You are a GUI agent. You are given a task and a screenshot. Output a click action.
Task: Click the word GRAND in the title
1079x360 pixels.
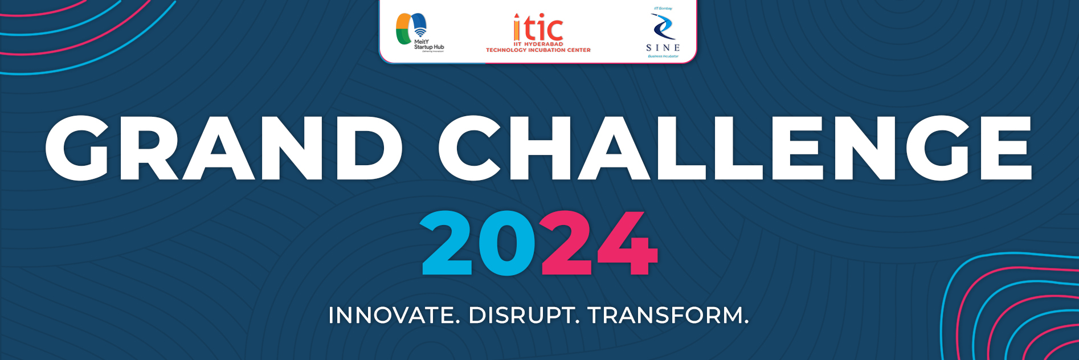click(224, 148)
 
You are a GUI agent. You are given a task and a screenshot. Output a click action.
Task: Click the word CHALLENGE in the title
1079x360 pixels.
click(735, 148)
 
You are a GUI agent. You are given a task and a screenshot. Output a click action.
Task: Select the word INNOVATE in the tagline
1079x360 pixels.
click(394, 316)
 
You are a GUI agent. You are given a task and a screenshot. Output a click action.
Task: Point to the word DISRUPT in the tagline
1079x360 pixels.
click(524, 316)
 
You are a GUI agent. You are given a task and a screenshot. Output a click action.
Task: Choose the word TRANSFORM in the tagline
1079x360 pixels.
click(668, 316)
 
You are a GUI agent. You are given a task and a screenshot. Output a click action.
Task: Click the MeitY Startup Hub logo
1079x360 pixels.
click(419, 32)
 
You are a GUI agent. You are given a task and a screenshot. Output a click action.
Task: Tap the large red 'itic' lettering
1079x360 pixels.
click(538, 28)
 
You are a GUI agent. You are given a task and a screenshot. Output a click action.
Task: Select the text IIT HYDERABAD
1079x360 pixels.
click(538, 44)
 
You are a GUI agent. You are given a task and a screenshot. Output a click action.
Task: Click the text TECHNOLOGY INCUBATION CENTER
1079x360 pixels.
click(538, 50)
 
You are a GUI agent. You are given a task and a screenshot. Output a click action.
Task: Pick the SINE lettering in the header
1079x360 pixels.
click(663, 48)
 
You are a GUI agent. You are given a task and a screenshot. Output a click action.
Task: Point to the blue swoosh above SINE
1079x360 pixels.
click(662, 26)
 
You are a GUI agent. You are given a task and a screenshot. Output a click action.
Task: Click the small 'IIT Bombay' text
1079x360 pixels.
click(663, 9)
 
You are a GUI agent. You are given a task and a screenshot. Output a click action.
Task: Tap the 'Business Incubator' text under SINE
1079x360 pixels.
click(663, 56)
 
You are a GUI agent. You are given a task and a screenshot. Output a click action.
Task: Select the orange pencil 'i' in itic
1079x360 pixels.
click(517, 27)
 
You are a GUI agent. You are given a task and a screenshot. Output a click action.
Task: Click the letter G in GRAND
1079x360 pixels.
click(77, 148)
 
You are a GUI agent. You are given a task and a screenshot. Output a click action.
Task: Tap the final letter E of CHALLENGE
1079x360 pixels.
click(1004, 148)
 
